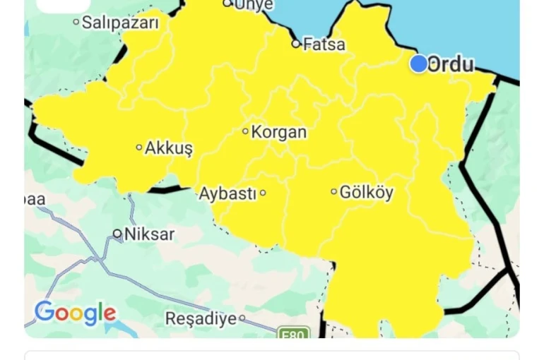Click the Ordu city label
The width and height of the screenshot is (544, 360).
click(x=451, y=64)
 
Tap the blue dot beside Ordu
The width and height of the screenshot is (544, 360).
click(x=419, y=64)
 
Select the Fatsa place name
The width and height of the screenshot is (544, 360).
click(x=324, y=44)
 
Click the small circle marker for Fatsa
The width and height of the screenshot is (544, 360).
click(x=296, y=44)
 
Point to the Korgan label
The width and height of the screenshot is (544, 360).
click(x=279, y=132)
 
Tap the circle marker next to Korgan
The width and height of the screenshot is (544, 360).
click(x=246, y=131)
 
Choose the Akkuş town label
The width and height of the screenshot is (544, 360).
click(x=169, y=148)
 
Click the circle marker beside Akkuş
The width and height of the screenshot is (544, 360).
click(x=139, y=148)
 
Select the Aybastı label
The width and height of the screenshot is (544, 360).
click(x=227, y=193)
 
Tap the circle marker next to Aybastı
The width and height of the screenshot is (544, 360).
click(x=263, y=193)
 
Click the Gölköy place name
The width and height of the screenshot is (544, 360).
click(x=367, y=192)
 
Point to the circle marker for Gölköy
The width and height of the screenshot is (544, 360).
click(x=334, y=191)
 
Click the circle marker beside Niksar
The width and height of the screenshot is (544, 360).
click(x=117, y=234)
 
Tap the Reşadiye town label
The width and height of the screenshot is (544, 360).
click(x=201, y=319)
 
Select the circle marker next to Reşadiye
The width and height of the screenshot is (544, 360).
click(x=242, y=318)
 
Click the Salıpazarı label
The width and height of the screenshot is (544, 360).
click(x=120, y=23)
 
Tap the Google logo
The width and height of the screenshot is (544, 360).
click(x=75, y=313)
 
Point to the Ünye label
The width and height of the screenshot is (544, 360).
click(x=253, y=5)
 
